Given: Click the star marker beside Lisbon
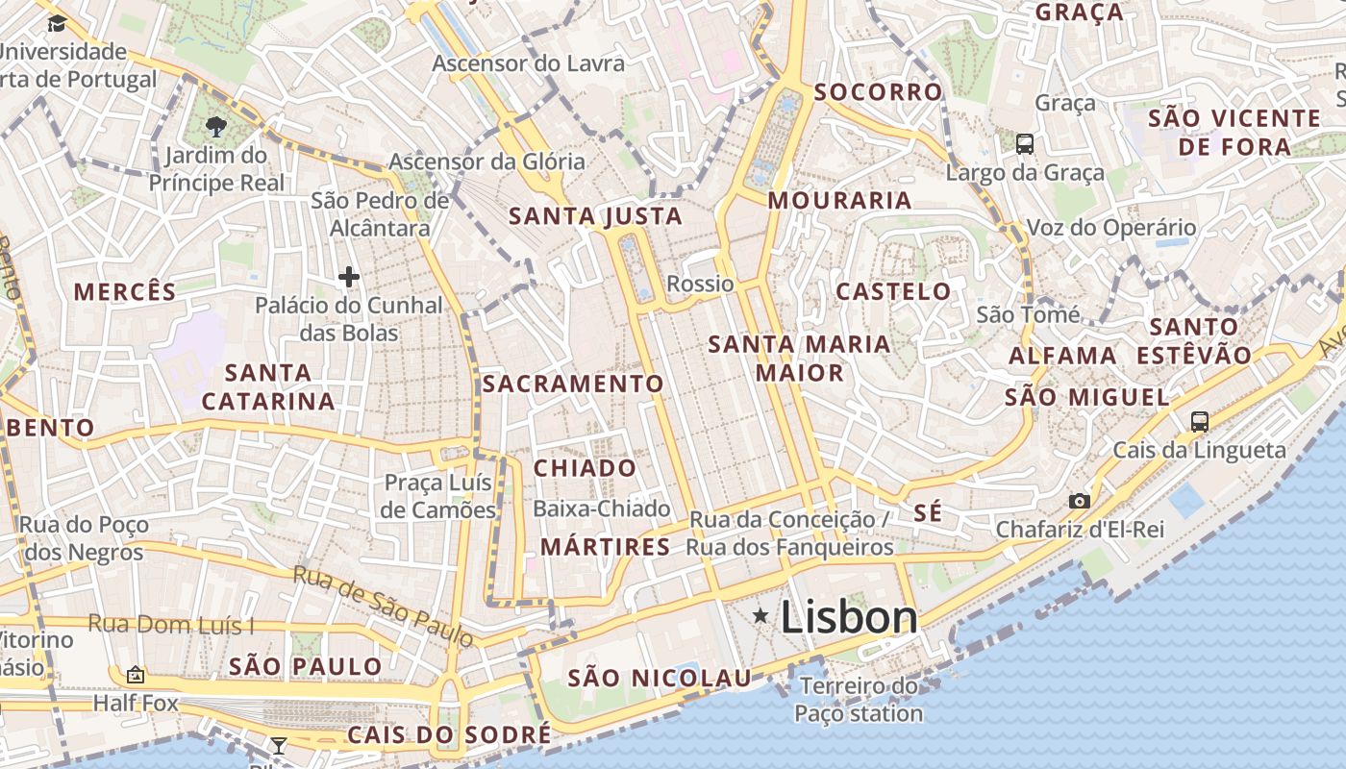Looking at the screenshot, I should click(760, 615).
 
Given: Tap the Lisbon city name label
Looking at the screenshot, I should click(849, 617).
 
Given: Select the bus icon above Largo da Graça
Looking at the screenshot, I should click(1025, 144).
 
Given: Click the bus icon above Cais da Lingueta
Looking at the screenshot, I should click(1199, 421).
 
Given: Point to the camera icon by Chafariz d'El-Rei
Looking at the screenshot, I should click(1080, 501).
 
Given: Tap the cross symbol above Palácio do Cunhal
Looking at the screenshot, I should click(349, 278).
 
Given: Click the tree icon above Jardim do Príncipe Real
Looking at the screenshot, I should click(216, 126).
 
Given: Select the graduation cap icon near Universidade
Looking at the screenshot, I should click(57, 24).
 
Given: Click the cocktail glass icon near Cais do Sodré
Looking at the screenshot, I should click(278, 745).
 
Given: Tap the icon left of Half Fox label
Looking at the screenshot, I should click(135, 675).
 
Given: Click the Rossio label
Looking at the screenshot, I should click(700, 284).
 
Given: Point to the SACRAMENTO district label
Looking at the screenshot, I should click(573, 384).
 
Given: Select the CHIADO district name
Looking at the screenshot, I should click(585, 468).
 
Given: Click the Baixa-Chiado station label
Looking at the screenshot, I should click(602, 509).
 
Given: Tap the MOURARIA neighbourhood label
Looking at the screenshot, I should click(839, 200).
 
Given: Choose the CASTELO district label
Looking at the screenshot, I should click(893, 291).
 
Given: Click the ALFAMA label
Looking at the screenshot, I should click(1062, 356).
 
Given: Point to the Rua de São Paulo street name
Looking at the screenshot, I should click(383, 605).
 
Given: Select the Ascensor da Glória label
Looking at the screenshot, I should click(486, 161).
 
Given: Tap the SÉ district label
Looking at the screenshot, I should click(928, 513).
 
